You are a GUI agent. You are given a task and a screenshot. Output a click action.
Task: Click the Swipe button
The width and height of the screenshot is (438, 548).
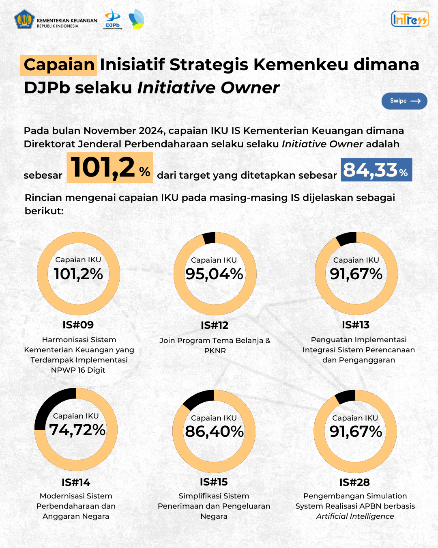point(404,101)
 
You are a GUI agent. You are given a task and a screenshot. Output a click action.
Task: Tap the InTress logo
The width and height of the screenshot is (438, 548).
point(410,19)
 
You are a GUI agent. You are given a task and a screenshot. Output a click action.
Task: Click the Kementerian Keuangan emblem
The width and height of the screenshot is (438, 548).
point(24,19)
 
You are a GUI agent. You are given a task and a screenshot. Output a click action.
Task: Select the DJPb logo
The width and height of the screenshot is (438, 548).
point(113,19)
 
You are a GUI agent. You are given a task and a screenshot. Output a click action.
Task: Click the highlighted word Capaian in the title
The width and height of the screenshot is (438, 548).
point(59,65)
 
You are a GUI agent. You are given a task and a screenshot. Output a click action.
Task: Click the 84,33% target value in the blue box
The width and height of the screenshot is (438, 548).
point(376,170)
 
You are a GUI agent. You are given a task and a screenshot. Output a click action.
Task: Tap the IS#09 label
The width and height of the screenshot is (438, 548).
point(78,325)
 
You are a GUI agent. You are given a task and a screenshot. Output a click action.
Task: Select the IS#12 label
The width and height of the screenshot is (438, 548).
point(215,325)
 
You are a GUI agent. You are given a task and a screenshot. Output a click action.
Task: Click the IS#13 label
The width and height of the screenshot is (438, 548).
point(356,325)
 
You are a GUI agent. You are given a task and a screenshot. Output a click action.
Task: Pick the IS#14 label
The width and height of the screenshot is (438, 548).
point(76,482)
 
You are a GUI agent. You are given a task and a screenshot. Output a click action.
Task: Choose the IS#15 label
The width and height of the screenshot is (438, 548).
point(214,482)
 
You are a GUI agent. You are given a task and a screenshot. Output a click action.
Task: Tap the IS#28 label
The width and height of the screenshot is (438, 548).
point(354,482)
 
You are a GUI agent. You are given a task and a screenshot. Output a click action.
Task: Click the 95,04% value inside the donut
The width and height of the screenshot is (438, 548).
point(214,274)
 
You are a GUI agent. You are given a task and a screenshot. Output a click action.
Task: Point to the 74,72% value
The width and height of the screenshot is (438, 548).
point(77,429)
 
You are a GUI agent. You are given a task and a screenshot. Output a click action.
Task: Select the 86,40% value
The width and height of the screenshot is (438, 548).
point(214,431)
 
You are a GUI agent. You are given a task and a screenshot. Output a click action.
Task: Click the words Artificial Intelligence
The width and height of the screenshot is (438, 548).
point(355,516)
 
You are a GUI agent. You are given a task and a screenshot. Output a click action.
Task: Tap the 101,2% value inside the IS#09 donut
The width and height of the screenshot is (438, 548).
point(78,274)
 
